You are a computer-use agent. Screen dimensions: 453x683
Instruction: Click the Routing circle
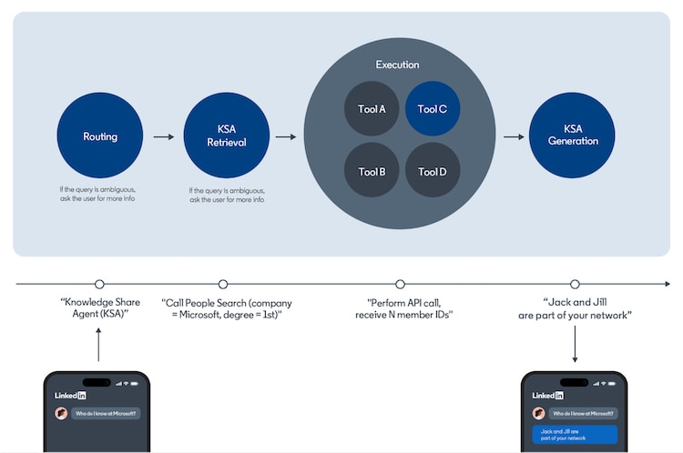point(99,136)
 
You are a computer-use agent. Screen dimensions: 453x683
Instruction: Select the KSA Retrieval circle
point(227,136)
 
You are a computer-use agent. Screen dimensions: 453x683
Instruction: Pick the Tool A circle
point(372,109)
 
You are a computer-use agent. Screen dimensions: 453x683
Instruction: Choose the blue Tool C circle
point(432,109)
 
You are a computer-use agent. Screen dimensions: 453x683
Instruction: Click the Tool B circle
point(372,171)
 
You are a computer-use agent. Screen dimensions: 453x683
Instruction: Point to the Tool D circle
point(432,171)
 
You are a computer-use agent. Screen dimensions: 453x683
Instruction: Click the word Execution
point(397,65)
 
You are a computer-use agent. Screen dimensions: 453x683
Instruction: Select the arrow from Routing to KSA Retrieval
point(163,137)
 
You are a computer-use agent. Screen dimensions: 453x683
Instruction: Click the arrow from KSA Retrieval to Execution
point(286,137)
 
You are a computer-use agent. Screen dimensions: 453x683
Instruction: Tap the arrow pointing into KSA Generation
point(514,137)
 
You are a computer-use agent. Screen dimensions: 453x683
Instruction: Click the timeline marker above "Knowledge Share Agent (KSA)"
point(99,285)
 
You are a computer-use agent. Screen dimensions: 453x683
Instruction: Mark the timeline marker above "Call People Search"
point(223,285)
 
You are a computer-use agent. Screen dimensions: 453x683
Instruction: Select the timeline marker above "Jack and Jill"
point(575,285)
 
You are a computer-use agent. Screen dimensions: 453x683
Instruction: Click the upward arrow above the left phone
point(99,345)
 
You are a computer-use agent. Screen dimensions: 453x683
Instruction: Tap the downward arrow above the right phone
point(575,345)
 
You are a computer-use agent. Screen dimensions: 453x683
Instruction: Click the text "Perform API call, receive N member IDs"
point(403,308)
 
